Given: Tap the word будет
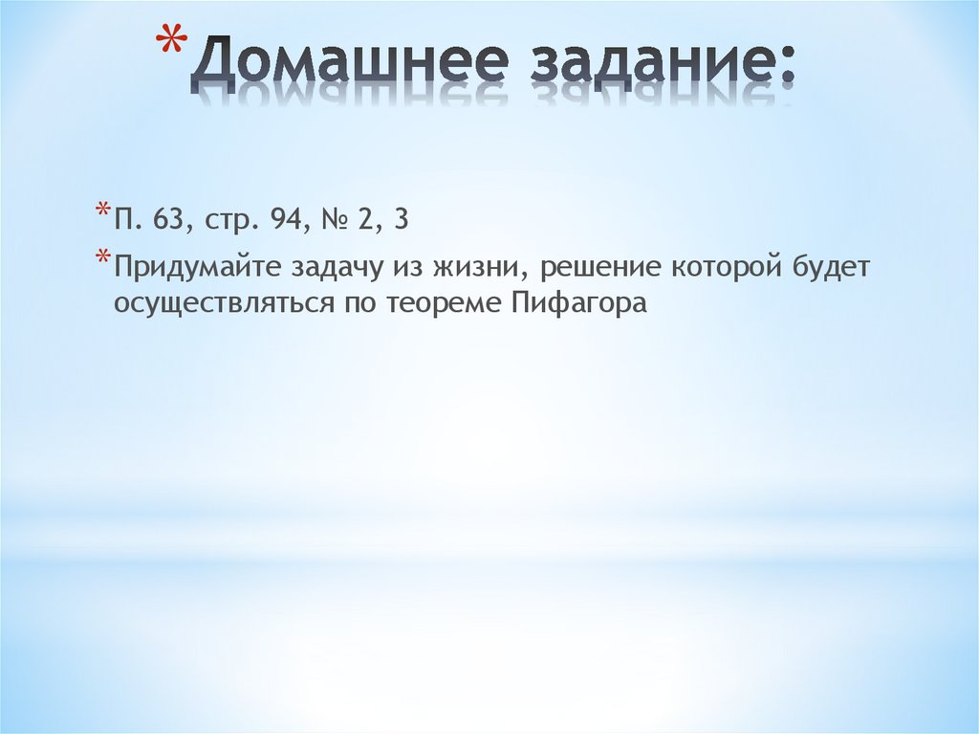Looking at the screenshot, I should click(832, 269).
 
